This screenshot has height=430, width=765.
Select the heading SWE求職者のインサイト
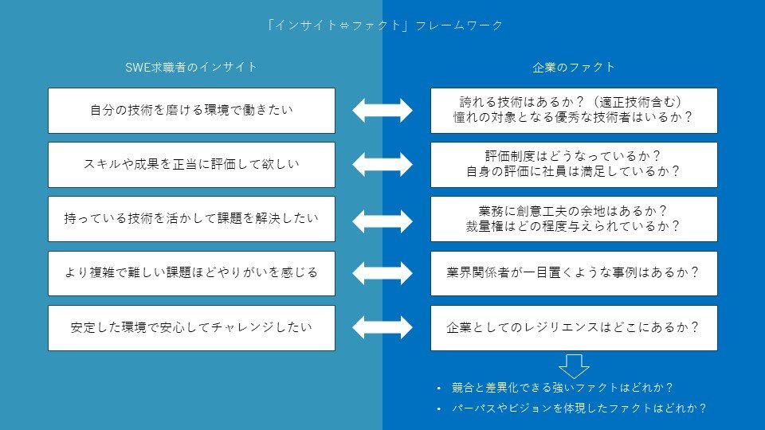pyautogui.click(x=191, y=67)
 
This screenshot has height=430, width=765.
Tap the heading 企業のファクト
pyautogui.click(x=574, y=67)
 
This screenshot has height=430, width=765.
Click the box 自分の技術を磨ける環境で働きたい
pyautogui.click(x=192, y=111)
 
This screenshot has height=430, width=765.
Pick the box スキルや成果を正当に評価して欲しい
pyautogui.click(x=192, y=165)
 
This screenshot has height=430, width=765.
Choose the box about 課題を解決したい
pyautogui.click(x=192, y=219)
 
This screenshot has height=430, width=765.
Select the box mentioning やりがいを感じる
pyautogui.click(x=192, y=273)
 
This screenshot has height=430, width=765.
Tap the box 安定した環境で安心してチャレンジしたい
pyautogui.click(x=192, y=328)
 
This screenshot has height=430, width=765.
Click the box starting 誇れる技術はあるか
pyautogui.click(x=574, y=111)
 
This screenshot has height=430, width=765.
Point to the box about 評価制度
pyautogui.click(x=574, y=165)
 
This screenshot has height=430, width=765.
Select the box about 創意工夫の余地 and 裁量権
pyautogui.click(x=574, y=219)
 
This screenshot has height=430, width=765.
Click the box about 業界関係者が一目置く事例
pyautogui.click(x=574, y=273)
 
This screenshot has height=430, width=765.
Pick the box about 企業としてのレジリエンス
pyautogui.click(x=574, y=328)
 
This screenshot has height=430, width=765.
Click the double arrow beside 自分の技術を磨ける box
pyautogui.click(x=382, y=110)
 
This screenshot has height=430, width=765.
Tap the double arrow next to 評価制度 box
pyautogui.click(x=382, y=164)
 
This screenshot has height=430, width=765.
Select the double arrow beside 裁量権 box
pyautogui.click(x=382, y=221)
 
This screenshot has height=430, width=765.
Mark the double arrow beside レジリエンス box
pyautogui.click(x=382, y=327)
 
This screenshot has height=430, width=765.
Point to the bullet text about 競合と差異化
pyautogui.click(x=562, y=388)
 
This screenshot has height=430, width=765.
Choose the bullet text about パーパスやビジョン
pyautogui.click(x=579, y=408)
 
